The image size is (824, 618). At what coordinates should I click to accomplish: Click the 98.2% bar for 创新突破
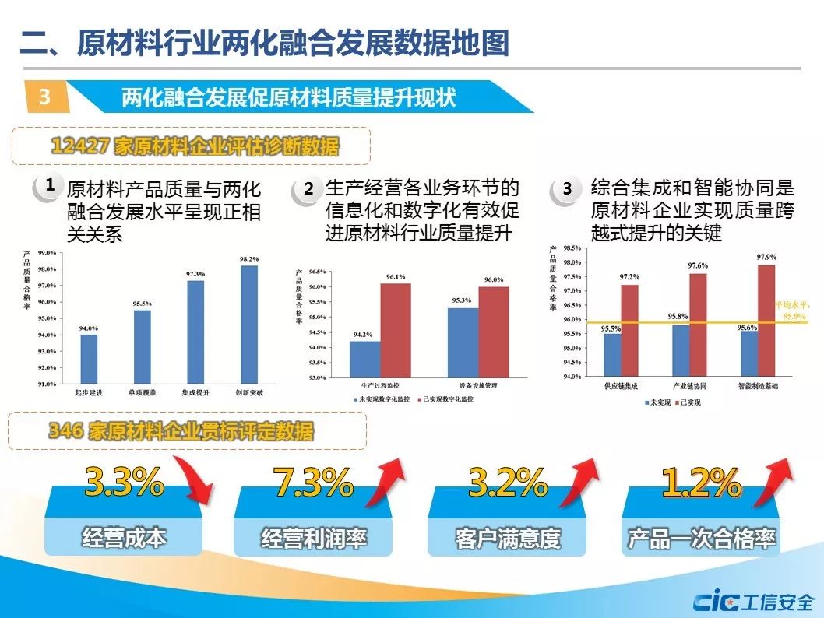(249, 324)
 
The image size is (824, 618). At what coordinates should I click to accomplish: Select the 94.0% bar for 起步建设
(90, 359)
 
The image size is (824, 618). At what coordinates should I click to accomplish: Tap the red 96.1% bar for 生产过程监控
(396, 330)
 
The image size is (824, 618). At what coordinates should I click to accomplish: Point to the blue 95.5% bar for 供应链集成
(613, 355)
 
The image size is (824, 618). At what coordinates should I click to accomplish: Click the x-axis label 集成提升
(195, 393)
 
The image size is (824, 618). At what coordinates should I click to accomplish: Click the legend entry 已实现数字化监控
(449, 399)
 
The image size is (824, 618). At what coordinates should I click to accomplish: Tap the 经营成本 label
(124, 538)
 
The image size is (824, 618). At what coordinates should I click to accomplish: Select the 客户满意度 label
(507, 539)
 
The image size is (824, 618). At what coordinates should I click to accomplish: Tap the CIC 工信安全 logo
(754, 602)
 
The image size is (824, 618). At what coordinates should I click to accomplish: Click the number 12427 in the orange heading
(79, 146)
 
